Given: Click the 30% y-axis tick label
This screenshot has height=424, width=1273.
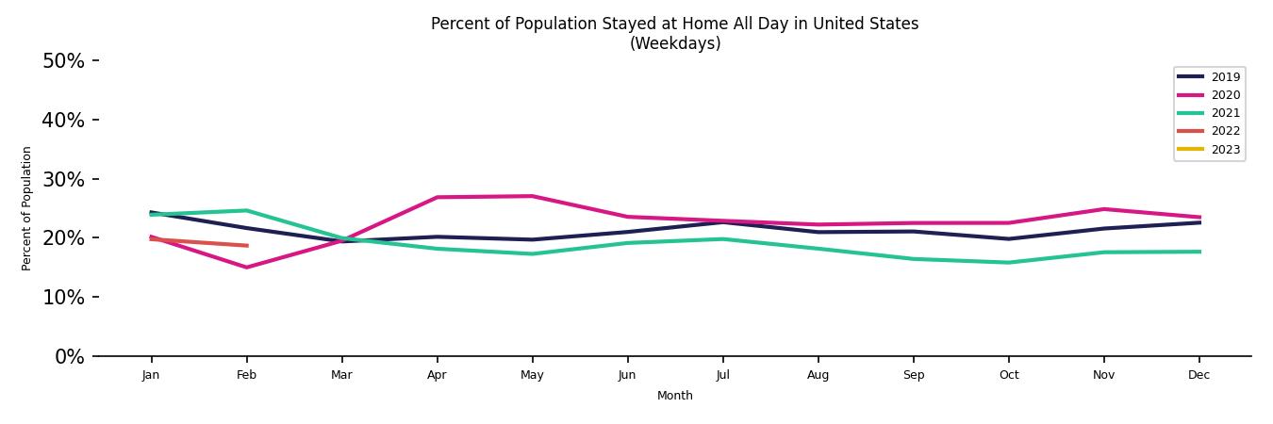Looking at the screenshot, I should tap(63, 179).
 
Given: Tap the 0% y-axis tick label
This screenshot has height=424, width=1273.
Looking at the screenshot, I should tap(68, 356).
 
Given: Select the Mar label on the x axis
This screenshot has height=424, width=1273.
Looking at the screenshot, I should tap(341, 375).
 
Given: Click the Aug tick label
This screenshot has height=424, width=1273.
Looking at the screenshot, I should tap(818, 375).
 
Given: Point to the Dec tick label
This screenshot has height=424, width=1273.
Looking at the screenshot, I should tap(1199, 375).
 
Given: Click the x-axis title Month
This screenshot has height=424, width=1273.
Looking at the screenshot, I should tap(674, 396).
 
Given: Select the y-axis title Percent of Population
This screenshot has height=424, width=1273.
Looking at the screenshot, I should tap(26, 208).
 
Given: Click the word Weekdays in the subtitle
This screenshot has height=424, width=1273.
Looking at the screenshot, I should tap(675, 43).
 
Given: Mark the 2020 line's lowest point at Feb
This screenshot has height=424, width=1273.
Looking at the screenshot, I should tap(246, 268).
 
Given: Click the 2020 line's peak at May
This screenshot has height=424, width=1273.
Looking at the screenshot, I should tap(532, 196).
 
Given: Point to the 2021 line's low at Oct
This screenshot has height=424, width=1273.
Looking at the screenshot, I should tap(1008, 263).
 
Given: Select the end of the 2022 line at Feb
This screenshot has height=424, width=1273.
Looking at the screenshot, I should tap(246, 246).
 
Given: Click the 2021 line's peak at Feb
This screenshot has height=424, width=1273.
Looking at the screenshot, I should tap(246, 210).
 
